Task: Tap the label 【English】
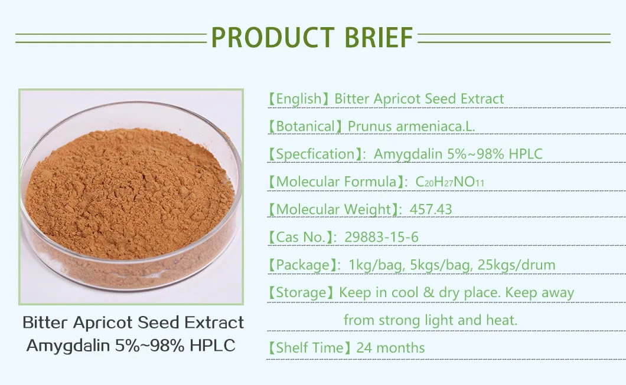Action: point(298,98)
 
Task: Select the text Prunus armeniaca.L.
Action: point(411,126)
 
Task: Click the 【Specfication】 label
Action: point(315,154)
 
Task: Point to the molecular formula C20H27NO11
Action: point(449,182)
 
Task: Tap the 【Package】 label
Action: point(302,265)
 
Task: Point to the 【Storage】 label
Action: point(301,292)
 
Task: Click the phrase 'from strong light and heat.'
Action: point(430,320)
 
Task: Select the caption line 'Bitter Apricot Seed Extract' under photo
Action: point(133,323)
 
